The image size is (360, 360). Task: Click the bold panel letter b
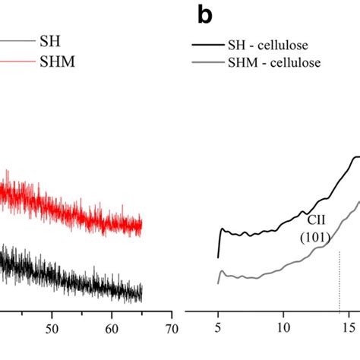coord(203,14)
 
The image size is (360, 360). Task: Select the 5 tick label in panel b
coord(219,330)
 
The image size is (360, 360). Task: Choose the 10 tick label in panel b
coord(283,330)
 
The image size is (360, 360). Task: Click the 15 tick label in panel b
coord(347,330)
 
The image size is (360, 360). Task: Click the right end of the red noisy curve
coord(141,225)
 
